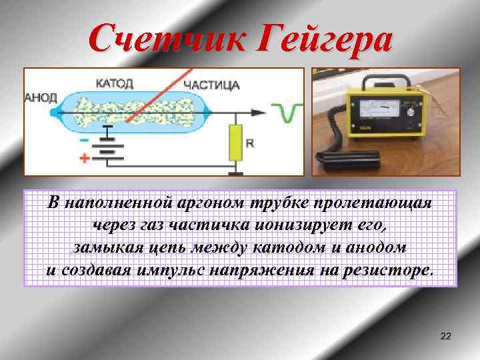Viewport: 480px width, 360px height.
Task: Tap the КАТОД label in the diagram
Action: (x=115, y=84)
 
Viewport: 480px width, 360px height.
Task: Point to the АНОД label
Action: (x=41, y=97)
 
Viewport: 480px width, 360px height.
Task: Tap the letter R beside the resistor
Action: (x=250, y=143)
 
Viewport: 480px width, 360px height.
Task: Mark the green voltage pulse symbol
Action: (x=289, y=112)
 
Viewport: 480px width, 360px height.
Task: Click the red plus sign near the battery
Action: (x=85, y=159)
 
